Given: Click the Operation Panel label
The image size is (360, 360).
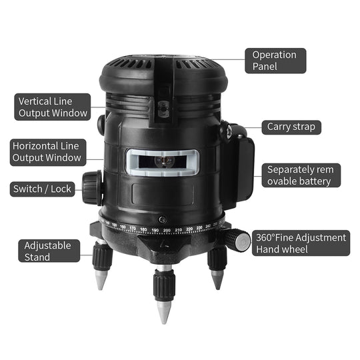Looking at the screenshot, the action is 275,61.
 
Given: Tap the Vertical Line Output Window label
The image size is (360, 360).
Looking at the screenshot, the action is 53,107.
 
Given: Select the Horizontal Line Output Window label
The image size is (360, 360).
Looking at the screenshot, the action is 48,152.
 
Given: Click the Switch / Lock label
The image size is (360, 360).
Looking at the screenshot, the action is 42,189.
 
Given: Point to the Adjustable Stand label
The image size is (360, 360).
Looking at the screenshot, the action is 49,251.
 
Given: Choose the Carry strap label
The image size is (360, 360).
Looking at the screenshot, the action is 291,127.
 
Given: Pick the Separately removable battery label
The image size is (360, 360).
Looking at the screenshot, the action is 301,175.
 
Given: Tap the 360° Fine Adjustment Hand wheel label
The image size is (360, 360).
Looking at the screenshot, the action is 301,243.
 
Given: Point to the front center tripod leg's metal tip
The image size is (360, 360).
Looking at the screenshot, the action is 164,313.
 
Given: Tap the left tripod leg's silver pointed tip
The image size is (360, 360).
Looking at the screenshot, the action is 101,280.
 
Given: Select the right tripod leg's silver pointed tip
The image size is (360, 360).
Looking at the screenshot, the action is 217,279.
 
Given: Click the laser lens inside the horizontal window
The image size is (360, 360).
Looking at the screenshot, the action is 164,161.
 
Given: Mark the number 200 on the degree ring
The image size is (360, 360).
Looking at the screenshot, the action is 167,230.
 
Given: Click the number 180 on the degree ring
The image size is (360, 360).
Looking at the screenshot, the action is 143,229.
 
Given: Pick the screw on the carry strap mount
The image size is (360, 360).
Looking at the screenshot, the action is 229,132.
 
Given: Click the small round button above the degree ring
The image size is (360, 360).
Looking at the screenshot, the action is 162,220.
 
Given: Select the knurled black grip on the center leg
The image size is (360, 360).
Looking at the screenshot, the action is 165,285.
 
